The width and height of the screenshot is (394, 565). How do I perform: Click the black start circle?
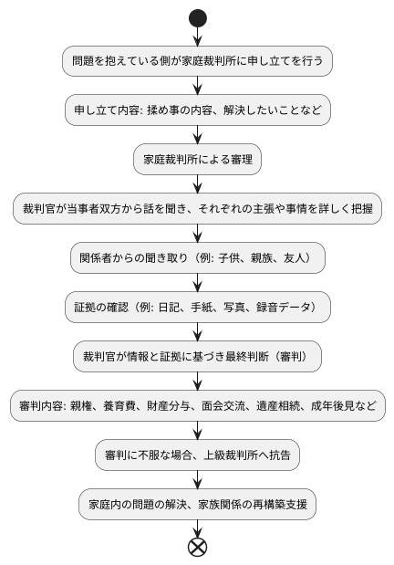[x=197, y=17]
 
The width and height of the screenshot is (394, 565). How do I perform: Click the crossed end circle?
[x=197, y=547]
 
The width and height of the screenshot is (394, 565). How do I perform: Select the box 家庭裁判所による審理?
[x=197, y=159]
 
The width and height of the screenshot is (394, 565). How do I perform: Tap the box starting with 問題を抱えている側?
[x=197, y=61]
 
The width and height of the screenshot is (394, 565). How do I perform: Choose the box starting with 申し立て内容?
[x=197, y=110]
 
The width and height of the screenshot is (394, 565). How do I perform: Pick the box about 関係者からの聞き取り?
[x=197, y=257]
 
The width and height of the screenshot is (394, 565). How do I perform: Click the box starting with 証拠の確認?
[x=197, y=307]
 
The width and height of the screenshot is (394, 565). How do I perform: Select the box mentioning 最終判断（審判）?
[x=197, y=356]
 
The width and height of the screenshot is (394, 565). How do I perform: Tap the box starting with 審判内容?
[x=197, y=405]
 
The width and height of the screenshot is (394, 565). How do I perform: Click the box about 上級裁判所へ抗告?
[x=197, y=455]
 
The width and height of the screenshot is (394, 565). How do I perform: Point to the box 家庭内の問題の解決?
[x=197, y=504]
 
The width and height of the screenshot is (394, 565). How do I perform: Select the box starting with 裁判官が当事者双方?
[x=197, y=208]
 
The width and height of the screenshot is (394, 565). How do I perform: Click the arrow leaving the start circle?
[x=197, y=36]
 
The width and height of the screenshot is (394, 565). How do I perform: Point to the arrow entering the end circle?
[x=197, y=528]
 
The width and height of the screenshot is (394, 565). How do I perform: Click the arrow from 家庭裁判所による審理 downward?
[x=197, y=183]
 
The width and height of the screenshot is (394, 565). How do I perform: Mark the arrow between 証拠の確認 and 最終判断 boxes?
[x=197, y=331]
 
